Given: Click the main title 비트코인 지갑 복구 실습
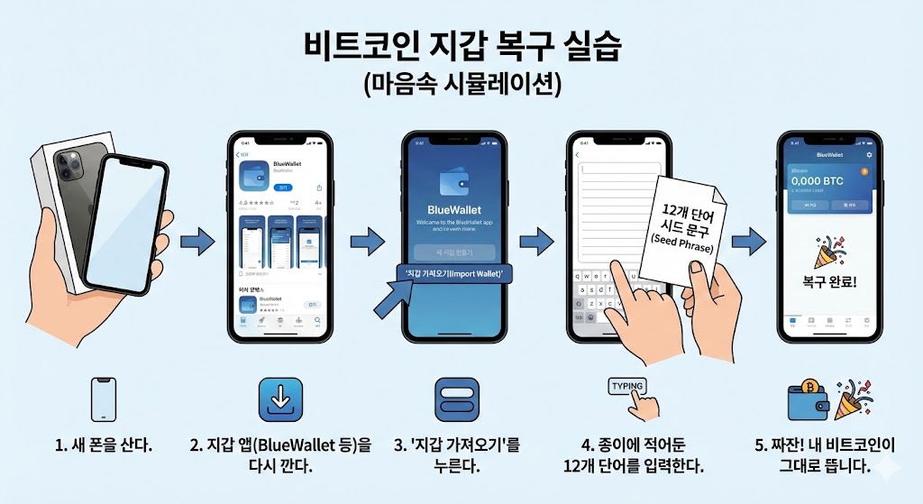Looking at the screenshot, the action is pos(462,46).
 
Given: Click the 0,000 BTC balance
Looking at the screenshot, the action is pos(817,181).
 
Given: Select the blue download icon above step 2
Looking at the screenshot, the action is pos(280,399).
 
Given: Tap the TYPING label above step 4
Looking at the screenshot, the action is pos(627,386).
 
